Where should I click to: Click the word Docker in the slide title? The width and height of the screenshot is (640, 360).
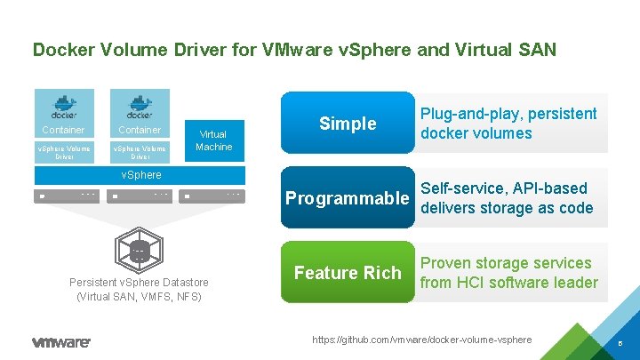[60, 49]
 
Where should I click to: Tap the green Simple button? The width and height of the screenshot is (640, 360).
[348, 123]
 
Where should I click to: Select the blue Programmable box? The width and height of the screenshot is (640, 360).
[348, 197]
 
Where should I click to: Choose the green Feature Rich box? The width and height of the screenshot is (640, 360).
[348, 272]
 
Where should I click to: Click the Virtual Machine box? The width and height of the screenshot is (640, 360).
[213, 140]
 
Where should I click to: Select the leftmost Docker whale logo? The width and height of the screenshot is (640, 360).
[63, 105]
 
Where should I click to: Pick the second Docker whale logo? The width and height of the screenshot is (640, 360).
[139, 105]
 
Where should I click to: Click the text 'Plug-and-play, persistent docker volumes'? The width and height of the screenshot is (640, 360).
[508, 124]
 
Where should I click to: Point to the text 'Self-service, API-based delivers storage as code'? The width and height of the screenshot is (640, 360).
[516, 197]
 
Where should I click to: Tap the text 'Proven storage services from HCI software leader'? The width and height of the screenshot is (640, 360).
[508, 273]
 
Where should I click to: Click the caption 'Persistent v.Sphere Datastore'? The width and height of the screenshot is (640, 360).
[140, 283]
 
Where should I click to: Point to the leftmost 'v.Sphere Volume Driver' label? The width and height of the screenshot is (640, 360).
[63, 152]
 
